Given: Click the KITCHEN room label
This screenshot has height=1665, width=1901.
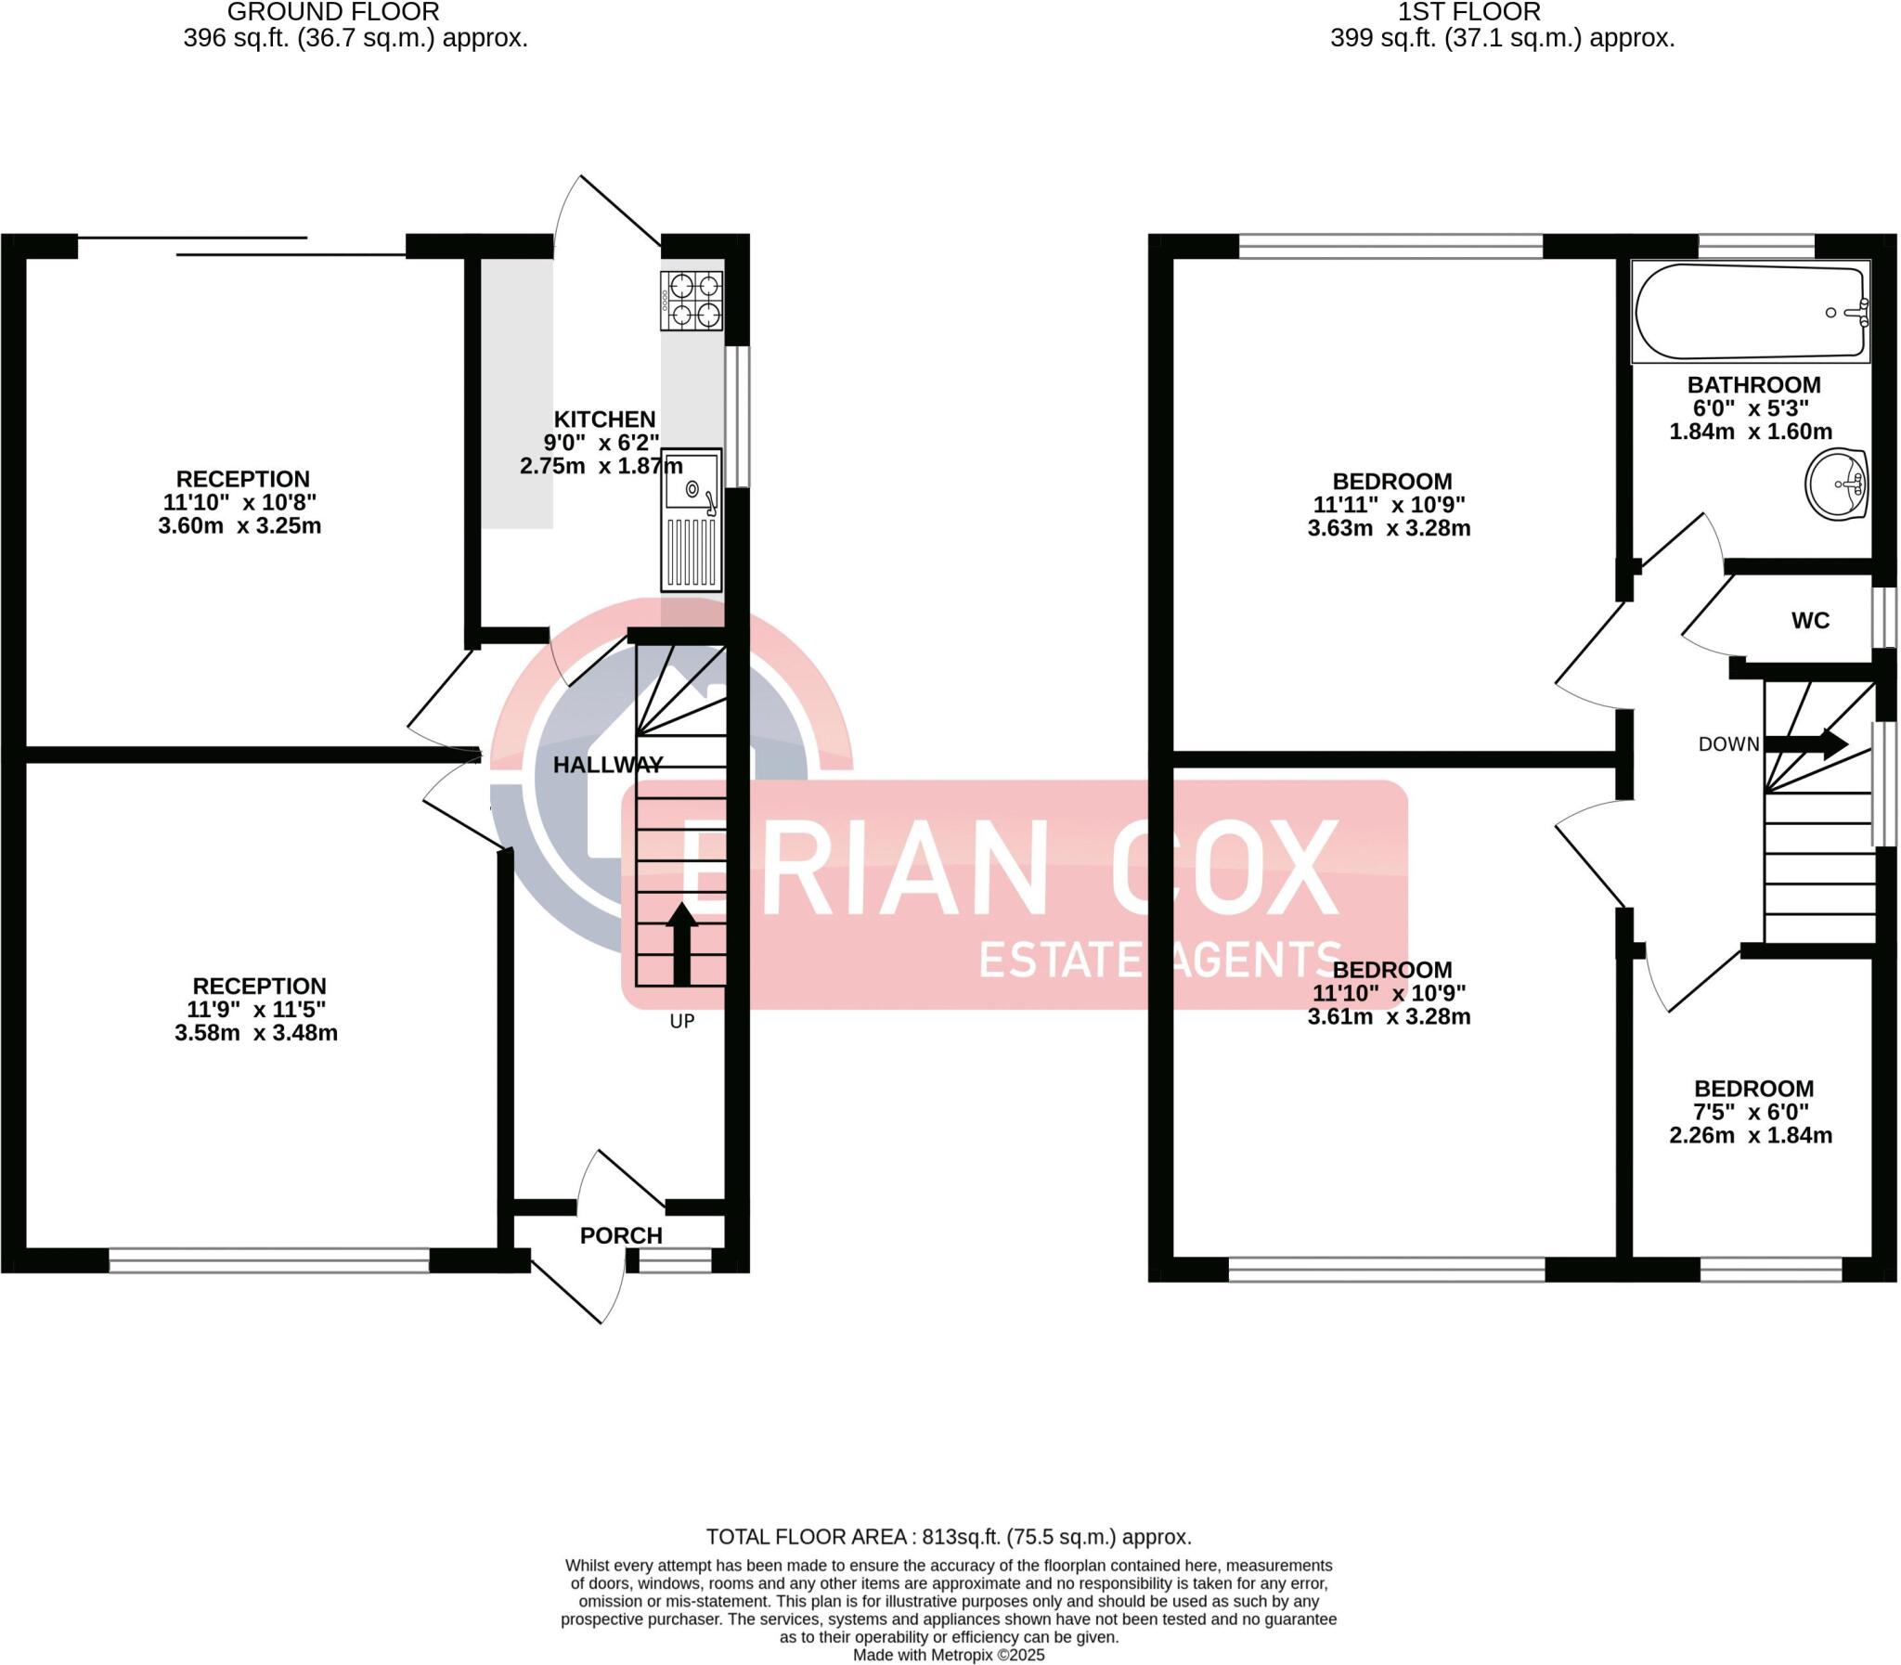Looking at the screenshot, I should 604,419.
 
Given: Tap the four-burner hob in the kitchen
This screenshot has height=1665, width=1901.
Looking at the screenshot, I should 692,300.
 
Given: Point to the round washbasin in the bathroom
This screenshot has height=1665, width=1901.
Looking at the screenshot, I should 1837,484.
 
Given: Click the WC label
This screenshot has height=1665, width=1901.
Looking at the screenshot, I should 1810,621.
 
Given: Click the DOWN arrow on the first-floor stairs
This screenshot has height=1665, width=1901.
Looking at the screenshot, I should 1805,743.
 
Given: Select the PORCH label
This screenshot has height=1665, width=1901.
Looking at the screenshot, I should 621,1235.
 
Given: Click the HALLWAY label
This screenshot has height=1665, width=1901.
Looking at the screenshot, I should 608,765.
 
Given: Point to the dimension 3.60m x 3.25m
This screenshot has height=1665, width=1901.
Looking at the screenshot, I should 239,526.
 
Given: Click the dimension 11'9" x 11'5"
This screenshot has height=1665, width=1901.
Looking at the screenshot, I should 256,1009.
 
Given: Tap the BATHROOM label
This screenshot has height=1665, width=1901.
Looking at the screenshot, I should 1753,384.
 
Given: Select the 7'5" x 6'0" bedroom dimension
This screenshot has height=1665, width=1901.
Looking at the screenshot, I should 1751,1112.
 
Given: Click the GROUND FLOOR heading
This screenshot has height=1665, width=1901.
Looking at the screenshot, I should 332,13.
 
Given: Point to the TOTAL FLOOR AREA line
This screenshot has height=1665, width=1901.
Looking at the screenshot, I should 948,1537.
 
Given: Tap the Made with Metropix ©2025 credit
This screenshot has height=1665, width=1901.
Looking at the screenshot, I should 948,1655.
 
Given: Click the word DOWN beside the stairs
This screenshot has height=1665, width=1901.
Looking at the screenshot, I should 1728,744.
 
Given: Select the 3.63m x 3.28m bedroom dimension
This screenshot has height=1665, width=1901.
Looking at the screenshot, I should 1388,529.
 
